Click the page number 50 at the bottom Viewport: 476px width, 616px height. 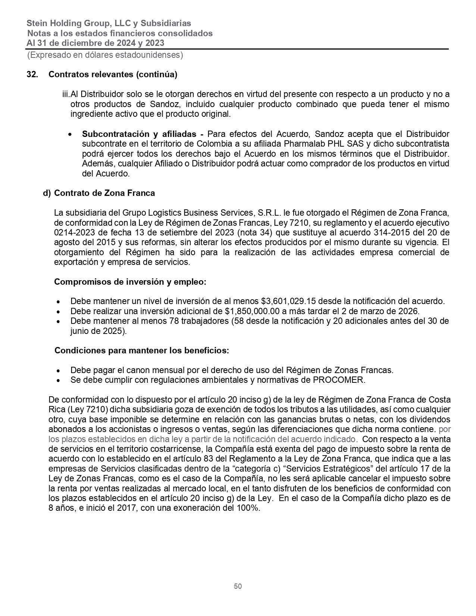coord(238,586)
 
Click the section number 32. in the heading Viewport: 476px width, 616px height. coord(32,74)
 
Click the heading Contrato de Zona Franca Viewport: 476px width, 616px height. coord(104,193)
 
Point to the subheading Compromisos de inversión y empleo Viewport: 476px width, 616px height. coord(130,282)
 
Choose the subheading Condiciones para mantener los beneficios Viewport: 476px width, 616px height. coord(142,351)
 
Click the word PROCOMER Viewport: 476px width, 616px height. coord(338,380)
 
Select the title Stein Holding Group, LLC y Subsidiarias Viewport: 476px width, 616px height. coord(109,24)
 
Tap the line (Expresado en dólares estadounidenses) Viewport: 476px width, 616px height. coord(105,55)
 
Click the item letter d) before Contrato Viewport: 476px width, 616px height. coord(47,193)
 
